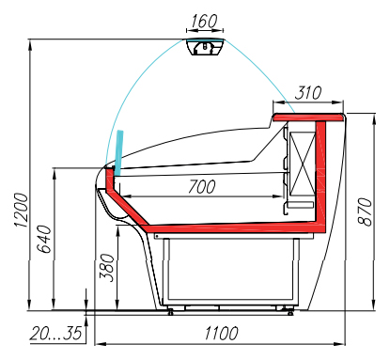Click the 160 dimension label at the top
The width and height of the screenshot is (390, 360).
(204, 21)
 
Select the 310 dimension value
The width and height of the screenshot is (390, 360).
(308, 93)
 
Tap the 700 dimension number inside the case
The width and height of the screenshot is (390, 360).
(202, 187)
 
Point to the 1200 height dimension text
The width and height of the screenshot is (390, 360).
(22, 210)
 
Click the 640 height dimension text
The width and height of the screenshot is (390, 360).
(44, 239)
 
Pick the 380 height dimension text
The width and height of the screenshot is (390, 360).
(107, 268)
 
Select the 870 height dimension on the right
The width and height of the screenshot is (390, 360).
(365, 211)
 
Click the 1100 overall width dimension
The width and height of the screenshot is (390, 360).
(222, 333)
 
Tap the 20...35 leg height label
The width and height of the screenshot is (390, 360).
(55, 333)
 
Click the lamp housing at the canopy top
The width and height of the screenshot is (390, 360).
(205, 47)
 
